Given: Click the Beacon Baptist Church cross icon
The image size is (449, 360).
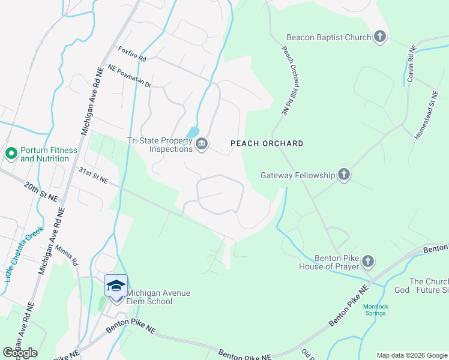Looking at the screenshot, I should pos(379,37).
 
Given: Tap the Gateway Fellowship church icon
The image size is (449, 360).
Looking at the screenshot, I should pos(343,175).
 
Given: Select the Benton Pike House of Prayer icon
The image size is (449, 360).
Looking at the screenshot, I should pos(368,262).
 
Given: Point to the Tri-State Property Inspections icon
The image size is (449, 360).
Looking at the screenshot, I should pos(202,144).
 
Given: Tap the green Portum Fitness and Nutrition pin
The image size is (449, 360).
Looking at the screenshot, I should pos(11,154).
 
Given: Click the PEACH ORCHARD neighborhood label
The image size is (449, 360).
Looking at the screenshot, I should pos(267,144).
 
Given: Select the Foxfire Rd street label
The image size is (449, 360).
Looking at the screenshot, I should pos(132,54).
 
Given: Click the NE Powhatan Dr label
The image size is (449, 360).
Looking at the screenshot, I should pos(129,76).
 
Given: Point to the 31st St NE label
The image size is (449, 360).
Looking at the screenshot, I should pos(93,175).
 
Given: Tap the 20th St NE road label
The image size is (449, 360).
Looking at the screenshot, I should pos(41,190).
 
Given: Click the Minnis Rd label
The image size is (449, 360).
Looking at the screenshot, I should pos(66,255).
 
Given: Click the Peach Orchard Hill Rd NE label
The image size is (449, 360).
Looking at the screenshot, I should pos(287,80).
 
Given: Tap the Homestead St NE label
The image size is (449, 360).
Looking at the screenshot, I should pos(427,115).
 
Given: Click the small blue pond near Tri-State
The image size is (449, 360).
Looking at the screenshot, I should pos(193,131).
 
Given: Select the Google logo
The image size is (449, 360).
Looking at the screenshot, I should pos(20,352).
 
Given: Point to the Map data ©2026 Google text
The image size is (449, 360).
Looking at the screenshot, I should pos(411,355).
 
